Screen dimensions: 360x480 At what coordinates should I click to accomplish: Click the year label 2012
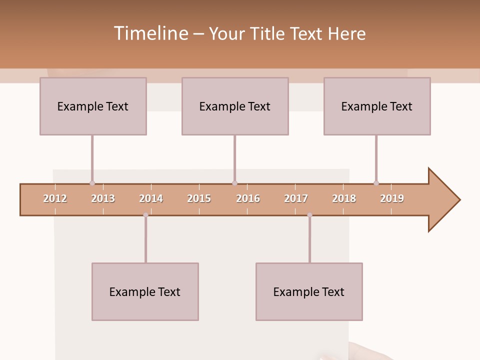55,198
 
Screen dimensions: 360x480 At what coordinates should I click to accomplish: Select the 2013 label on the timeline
103,198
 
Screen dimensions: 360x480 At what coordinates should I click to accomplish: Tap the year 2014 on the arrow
151,198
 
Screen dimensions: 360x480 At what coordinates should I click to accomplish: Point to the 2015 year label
199,198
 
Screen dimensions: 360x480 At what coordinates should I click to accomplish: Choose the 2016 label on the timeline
248,198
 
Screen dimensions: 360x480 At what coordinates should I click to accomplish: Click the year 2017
296,198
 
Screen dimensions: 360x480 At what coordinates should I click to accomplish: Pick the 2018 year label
344,198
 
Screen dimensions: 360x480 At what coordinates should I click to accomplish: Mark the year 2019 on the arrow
392,198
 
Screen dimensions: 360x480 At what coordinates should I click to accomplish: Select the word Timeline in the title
150,33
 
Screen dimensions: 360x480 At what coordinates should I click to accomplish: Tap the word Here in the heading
346,33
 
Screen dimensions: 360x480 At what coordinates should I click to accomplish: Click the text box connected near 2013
93,106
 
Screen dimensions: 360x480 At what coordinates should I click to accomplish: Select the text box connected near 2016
235,106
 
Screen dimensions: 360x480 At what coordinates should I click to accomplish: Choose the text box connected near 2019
377,106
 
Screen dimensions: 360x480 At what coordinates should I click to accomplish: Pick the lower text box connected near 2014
145,291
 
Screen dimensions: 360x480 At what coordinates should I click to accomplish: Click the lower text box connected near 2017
309,291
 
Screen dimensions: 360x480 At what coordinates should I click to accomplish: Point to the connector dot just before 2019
376,183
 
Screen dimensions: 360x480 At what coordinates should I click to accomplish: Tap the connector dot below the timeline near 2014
145,215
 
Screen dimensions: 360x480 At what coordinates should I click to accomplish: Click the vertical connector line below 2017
309,240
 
